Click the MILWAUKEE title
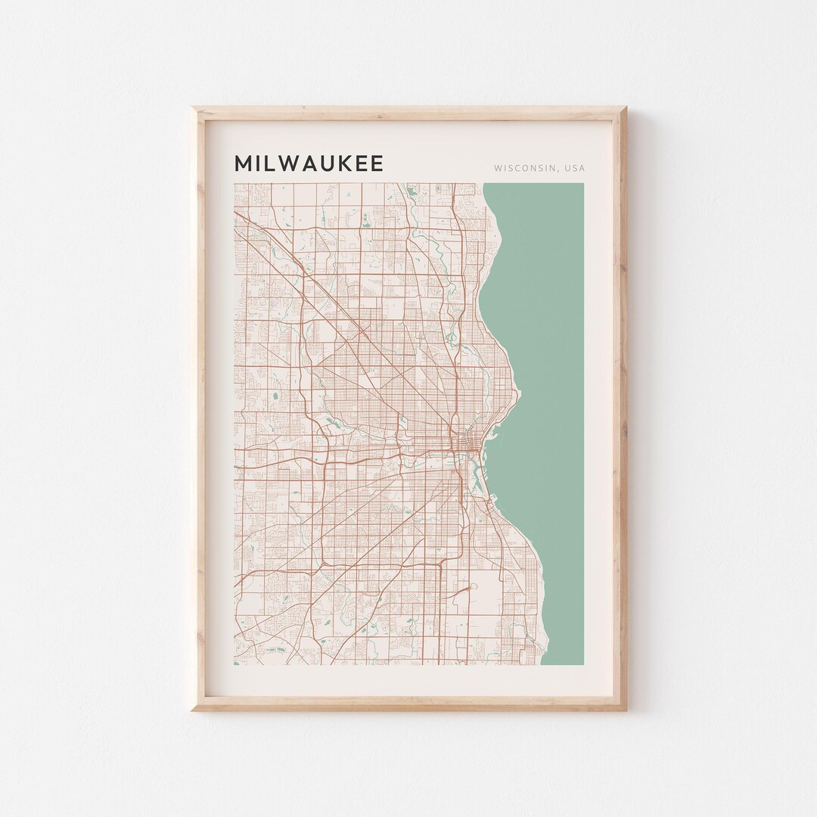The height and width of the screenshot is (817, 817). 309,163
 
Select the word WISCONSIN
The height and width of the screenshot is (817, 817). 523,168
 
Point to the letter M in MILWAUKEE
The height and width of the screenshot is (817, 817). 244,163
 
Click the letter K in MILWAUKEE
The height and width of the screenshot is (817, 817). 344,163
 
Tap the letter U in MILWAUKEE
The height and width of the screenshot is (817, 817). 328,163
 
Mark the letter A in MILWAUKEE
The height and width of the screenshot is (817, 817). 310,163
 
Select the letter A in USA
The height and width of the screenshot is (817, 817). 581,168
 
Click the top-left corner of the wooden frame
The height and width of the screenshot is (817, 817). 194,109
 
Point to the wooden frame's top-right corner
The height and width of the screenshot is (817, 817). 625,109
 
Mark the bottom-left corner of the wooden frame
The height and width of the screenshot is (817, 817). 194,709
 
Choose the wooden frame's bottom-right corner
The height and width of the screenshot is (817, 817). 625,709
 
